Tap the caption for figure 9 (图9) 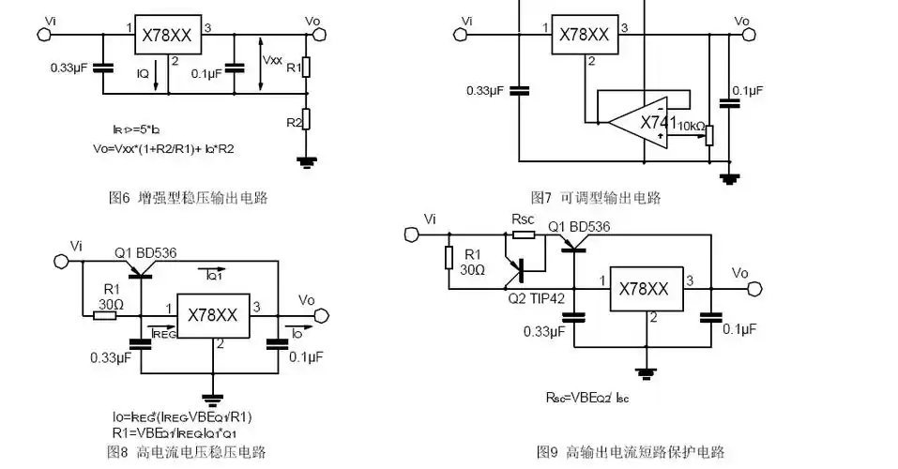(631, 451)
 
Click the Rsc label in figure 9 (523, 219)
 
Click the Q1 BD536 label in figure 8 (145, 252)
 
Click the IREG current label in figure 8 (162, 332)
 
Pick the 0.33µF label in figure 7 (485, 90)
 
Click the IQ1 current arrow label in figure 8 (214, 275)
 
